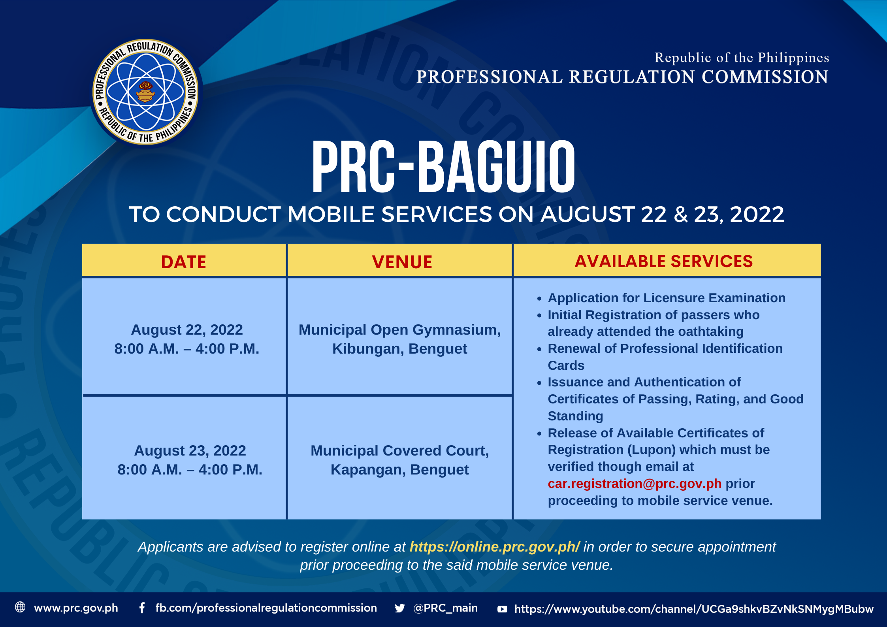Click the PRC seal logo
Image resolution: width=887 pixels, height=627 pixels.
(146, 92)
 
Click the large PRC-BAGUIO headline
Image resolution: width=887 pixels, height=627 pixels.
(443, 167)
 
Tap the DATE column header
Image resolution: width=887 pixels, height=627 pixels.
(184, 262)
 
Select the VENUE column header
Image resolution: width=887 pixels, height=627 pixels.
(402, 262)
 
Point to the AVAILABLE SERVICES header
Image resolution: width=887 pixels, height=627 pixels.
(664, 261)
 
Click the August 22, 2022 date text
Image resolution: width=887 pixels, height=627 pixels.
(187, 330)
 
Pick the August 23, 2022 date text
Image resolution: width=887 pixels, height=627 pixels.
(190, 450)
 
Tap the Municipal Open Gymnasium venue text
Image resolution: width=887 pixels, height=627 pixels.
(400, 339)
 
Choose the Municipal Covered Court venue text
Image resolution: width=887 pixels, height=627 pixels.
(400, 460)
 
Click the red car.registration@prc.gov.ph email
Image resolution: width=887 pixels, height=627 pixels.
(635, 484)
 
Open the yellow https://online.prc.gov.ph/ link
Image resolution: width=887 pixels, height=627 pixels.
(495, 547)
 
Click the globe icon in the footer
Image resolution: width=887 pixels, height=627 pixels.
(20, 607)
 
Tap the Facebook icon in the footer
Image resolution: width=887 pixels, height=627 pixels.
(142, 608)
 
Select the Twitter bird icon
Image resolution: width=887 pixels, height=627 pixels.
(399, 608)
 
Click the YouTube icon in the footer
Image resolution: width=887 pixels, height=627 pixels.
(502, 609)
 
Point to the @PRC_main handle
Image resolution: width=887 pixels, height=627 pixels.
(445, 608)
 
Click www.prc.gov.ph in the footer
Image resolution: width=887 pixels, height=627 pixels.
(76, 608)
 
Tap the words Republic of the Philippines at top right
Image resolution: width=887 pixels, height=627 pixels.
(742, 58)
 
